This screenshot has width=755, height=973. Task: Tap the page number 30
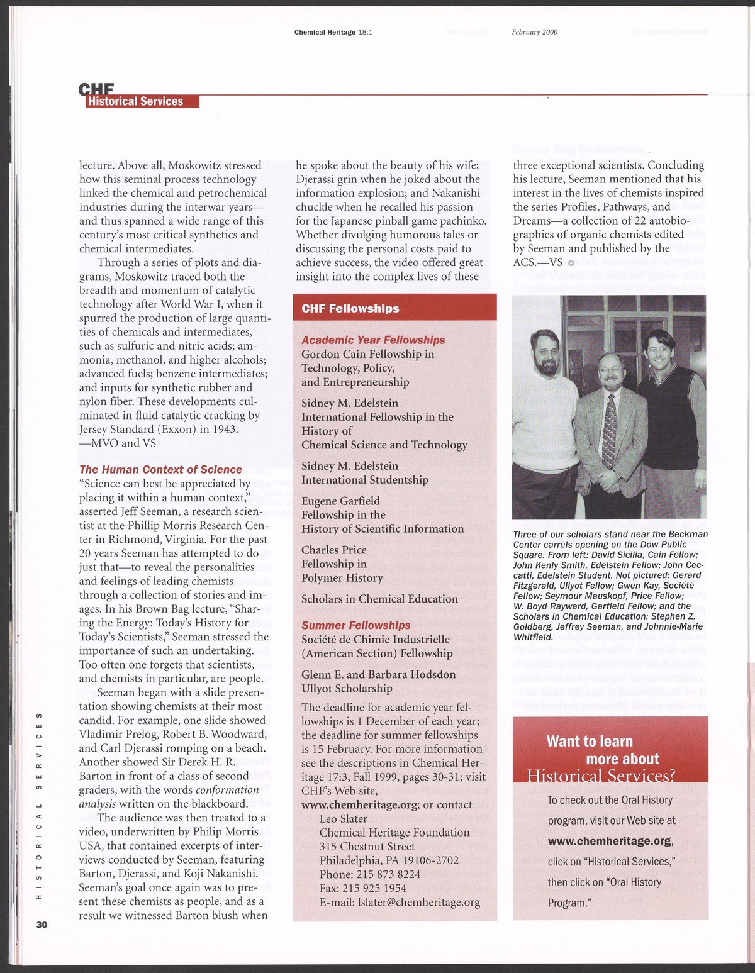[42, 925]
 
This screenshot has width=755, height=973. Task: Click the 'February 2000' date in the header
[534, 32]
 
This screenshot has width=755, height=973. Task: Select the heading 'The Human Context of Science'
[160, 470]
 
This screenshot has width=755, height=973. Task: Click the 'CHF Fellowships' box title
[350, 308]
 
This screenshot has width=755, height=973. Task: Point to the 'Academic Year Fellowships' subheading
[373, 340]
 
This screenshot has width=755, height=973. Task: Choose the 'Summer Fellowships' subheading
[355, 625]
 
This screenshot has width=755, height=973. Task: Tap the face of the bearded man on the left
[545, 353]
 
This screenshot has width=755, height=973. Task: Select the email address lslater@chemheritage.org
[400, 902]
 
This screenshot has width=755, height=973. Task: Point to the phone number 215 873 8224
[388, 874]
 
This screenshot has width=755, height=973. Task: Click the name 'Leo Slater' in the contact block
[344, 818]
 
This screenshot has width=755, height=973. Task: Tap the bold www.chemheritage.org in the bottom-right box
[610, 841]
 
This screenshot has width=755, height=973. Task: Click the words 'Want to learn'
[590, 741]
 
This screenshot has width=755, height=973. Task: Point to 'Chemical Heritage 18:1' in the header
[333, 32]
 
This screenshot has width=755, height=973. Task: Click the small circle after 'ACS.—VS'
[571, 263]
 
